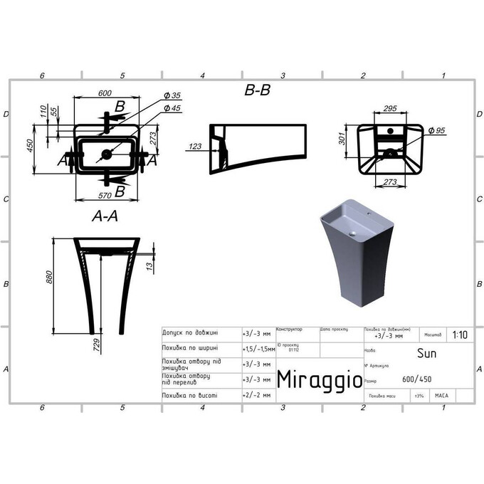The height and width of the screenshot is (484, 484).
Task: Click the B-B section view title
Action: (257, 90)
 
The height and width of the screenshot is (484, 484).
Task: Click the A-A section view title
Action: (105, 217)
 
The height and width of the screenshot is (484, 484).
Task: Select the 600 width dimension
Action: (105, 93)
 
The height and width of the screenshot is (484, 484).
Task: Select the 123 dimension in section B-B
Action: (195, 147)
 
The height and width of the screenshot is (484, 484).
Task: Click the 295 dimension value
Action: (390, 108)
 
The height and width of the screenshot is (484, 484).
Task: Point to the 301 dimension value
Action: (342, 137)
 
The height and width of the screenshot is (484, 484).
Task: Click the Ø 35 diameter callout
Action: (172, 96)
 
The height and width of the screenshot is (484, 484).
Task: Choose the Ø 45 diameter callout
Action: (172, 108)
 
